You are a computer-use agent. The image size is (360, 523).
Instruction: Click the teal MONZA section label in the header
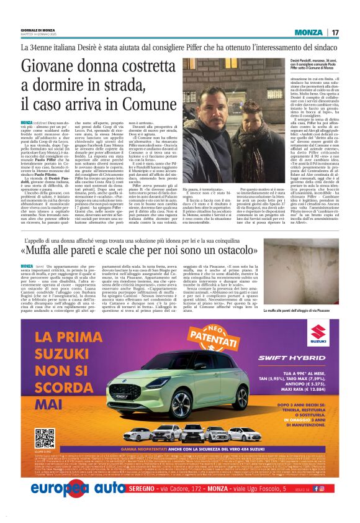308,32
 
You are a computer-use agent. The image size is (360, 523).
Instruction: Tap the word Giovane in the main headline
57,65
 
